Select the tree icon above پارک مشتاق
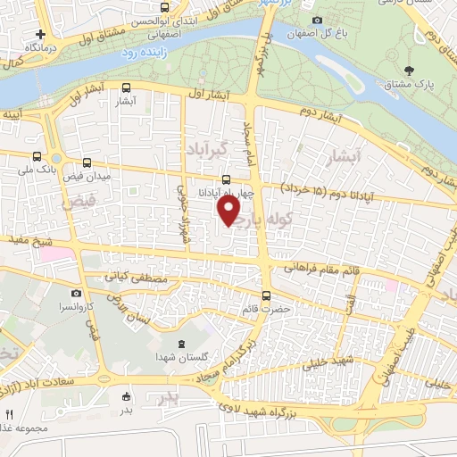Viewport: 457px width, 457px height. click(410, 70)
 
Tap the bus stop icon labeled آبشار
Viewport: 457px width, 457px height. click(126, 89)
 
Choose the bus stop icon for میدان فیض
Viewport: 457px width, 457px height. click(87, 163)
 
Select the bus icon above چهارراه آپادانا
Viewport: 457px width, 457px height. click(226, 179)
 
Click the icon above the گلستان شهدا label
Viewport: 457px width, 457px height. click(182, 345)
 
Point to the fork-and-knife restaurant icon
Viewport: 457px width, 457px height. click(10, 415)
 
